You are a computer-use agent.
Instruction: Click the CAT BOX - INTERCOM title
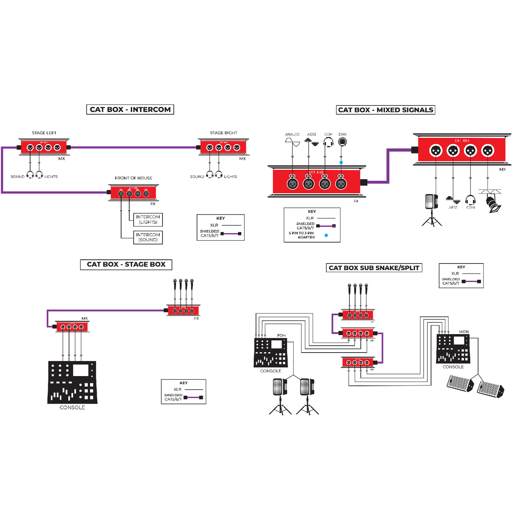tap(130, 109)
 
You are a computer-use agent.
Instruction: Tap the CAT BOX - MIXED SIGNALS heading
tap(385, 110)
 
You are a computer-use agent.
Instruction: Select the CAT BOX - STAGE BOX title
tap(126, 265)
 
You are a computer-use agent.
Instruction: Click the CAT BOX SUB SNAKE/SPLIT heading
tap(374, 268)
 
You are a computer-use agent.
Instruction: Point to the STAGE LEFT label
tap(44, 133)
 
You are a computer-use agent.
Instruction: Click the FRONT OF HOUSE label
tap(133, 178)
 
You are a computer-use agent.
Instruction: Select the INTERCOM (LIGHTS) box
tap(148, 220)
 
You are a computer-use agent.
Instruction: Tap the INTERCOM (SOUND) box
tap(148, 237)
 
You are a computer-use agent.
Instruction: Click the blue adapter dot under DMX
tap(341, 162)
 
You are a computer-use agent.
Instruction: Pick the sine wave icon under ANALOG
tap(292, 141)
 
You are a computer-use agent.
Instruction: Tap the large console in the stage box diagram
tap(72, 382)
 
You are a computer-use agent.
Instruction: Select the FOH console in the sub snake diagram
tap(270, 352)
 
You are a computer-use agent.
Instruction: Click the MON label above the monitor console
tap(464, 332)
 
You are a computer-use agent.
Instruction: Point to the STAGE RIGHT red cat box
tap(223, 147)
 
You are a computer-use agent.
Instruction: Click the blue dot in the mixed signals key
tap(326, 235)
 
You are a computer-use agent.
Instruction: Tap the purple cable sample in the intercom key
tap(231, 233)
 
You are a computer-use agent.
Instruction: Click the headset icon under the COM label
tap(328, 142)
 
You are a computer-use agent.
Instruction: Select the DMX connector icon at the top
tap(342, 142)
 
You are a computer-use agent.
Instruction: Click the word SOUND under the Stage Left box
tap(17, 177)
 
